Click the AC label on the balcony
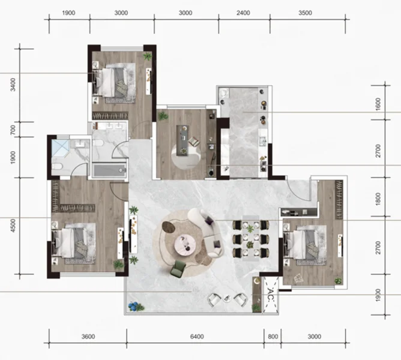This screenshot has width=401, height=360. pyautogui.click(x=271, y=295)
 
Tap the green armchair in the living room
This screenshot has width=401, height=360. pyautogui.click(x=178, y=269)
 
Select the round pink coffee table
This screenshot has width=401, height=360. pyautogui.click(x=185, y=245)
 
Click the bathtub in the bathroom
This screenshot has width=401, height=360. pyautogui.click(x=109, y=170)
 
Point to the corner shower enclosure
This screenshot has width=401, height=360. pyautogui.click(x=61, y=148)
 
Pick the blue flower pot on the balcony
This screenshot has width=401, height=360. pyautogui.click(x=133, y=307)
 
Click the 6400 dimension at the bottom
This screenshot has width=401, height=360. pyautogui.click(x=197, y=337)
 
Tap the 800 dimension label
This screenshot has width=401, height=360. pyautogui.click(x=273, y=337)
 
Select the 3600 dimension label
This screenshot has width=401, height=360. pyautogui.click(x=88, y=337)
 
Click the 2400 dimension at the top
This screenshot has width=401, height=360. pyautogui.click(x=243, y=13)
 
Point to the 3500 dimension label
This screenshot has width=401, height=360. pyautogui.click(x=305, y=13)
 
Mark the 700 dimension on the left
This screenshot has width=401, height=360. pyautogui.click(x=13, y=130)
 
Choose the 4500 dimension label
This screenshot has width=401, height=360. pyautogui.click(x=13, y=226)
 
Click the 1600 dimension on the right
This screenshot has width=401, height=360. pyautogui.click(x=378, y=104)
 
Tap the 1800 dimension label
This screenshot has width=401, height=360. pyautogui.click(x=378, y=199)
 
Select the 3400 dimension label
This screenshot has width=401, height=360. pyautogui.click(x=13, y=85)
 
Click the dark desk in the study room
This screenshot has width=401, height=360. pyautogui.click(x=184, y=140)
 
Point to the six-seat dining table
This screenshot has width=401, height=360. pyautogui.click(x=250, y=238)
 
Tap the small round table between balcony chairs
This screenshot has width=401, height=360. pyautogui.click(x=226, y=298)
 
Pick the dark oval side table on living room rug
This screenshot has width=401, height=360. pyautogui.click(x=169, y=227)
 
